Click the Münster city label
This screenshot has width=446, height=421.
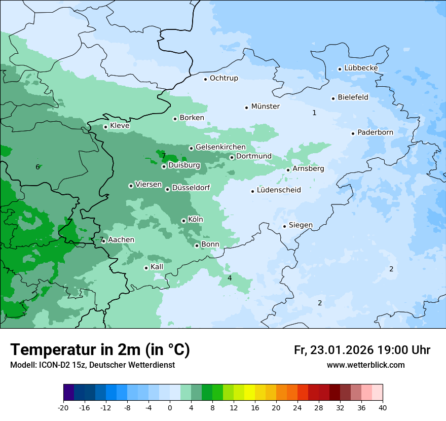click(265, 107)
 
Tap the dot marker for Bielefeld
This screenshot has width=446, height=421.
click(333, 98)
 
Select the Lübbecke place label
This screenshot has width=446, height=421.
click(361, 68)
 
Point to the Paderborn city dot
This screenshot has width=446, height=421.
click(353, 133)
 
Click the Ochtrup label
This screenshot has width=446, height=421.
click(224, 78)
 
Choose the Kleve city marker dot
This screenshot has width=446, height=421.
click(105, 127)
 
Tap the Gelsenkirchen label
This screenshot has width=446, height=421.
click(220, 147)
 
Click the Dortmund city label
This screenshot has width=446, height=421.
click(253, 156)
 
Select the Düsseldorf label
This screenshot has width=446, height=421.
click(191, 188)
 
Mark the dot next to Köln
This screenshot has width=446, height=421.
click(183, 221)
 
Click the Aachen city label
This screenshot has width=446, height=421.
click(121, 240)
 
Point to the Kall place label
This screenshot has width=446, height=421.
click(157, 267)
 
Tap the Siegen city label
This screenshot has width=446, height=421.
click(301, 225)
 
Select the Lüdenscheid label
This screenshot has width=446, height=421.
click(279, 190)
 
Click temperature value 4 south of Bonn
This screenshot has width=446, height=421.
click(230, 278)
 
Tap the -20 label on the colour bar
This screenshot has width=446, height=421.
click(63, 407)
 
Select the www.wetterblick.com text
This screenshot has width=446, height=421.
click(365, 365)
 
